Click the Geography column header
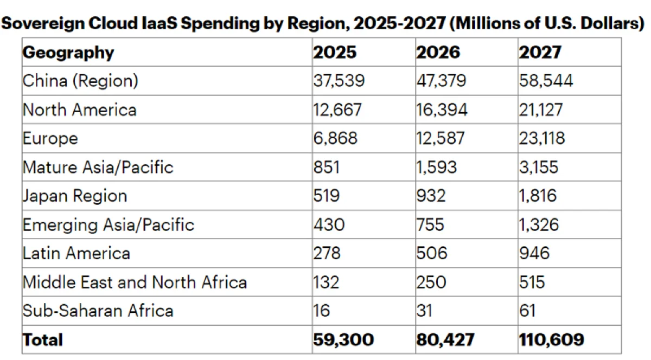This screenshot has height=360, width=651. coord(68,53)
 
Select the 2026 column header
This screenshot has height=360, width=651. coord(438,53)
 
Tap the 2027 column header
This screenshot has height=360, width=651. coord(540,53)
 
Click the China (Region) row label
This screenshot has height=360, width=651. coord(80,81)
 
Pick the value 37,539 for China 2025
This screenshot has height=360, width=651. coord(339,81)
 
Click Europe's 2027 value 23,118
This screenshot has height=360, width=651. coord(542,138)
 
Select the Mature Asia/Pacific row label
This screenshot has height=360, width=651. coord(98,166)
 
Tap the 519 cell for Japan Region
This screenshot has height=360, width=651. coord(327,195)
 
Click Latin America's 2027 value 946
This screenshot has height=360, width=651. coord(534,253)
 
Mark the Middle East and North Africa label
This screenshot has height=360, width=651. coord(135,282)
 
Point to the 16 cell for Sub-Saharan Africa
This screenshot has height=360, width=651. coord(322,311)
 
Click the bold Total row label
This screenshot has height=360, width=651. coord(43,340)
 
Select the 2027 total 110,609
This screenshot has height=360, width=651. coord(552,340)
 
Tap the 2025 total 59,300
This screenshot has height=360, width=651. coord(343,340)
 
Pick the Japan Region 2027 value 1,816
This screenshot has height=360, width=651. coord(538,195)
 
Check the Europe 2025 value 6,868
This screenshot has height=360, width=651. coord(335,138)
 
